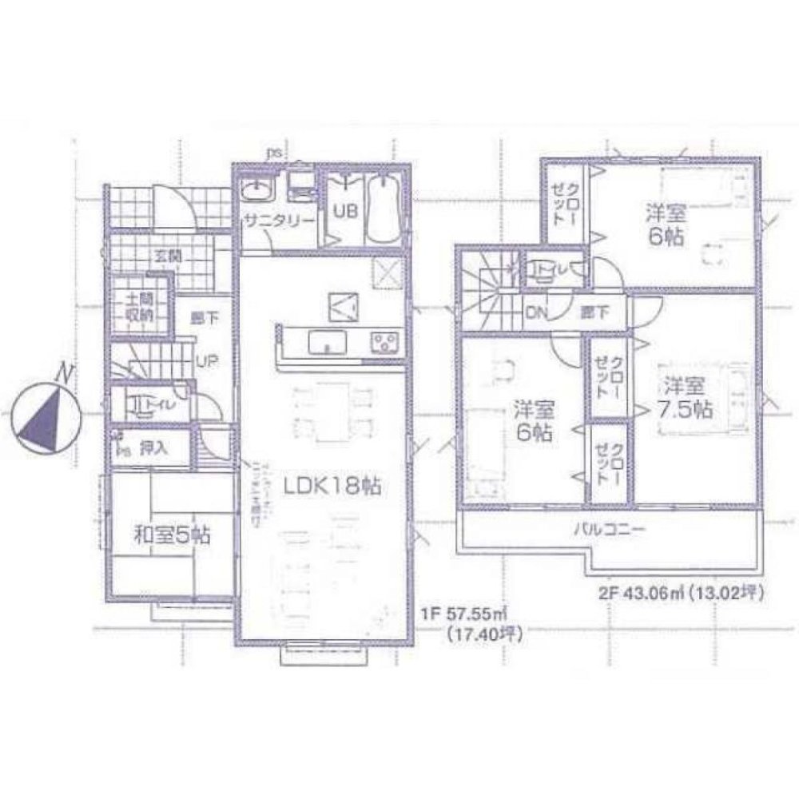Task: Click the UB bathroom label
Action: [344, 213]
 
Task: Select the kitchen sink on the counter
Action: [325, 343]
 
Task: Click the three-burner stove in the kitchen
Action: [384, 343]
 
